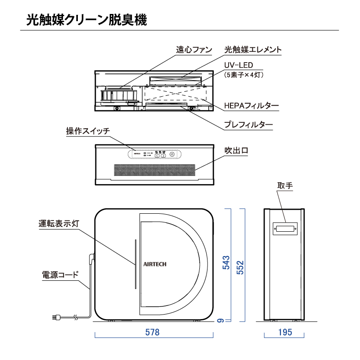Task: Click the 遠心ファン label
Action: pos(194,50)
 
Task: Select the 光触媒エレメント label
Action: pos(253,50)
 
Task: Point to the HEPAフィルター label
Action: pos(252,106)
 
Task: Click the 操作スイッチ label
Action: pos(88,131)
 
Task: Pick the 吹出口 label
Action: pos(236,150)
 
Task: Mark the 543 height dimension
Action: pos(227,263)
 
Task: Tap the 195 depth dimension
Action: pos(284,333)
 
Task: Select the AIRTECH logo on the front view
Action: pos(155,265)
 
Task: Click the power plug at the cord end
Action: pos(56,317)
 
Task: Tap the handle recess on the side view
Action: pos(284,229)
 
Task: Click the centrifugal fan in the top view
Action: pos(118,96)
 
